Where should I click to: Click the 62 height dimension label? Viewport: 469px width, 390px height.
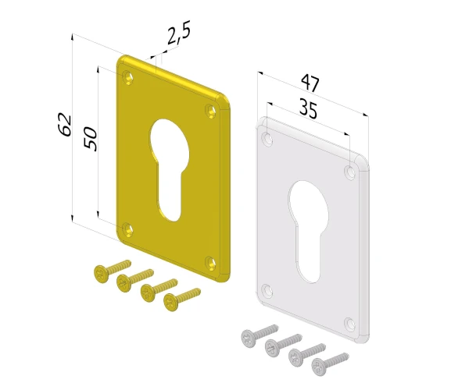(65, 125)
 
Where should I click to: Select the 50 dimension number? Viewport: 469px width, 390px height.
(91, 139)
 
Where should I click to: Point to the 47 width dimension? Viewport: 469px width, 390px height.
(310, 83)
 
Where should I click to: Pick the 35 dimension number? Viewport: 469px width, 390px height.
(308, 109)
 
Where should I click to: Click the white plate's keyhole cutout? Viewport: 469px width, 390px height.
(309, 231)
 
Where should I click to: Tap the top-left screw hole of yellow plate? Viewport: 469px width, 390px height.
(129, 77)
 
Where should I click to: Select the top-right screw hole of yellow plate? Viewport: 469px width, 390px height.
(212, 111)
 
